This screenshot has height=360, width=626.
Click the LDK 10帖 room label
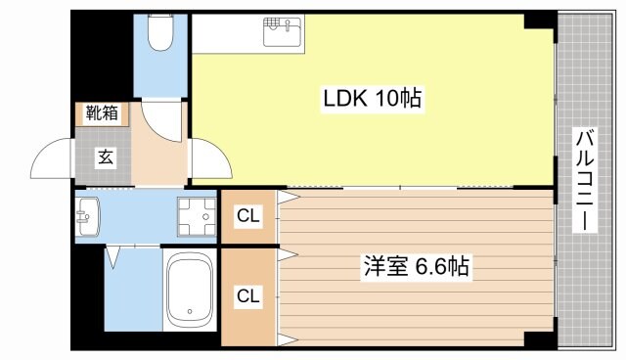[x=373, y=98]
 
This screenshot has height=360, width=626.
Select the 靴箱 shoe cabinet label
[x=101, y=112]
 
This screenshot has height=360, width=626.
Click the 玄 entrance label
[x=103, y=157]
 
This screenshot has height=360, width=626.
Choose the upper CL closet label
[x=247, y=215]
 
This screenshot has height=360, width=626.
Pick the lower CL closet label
[x=247, y=295]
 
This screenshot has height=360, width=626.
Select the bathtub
[x=191, y=292]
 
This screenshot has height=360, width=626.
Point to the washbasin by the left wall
[x=88, y=214]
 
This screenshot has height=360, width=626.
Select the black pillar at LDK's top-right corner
[x=538, y=21]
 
